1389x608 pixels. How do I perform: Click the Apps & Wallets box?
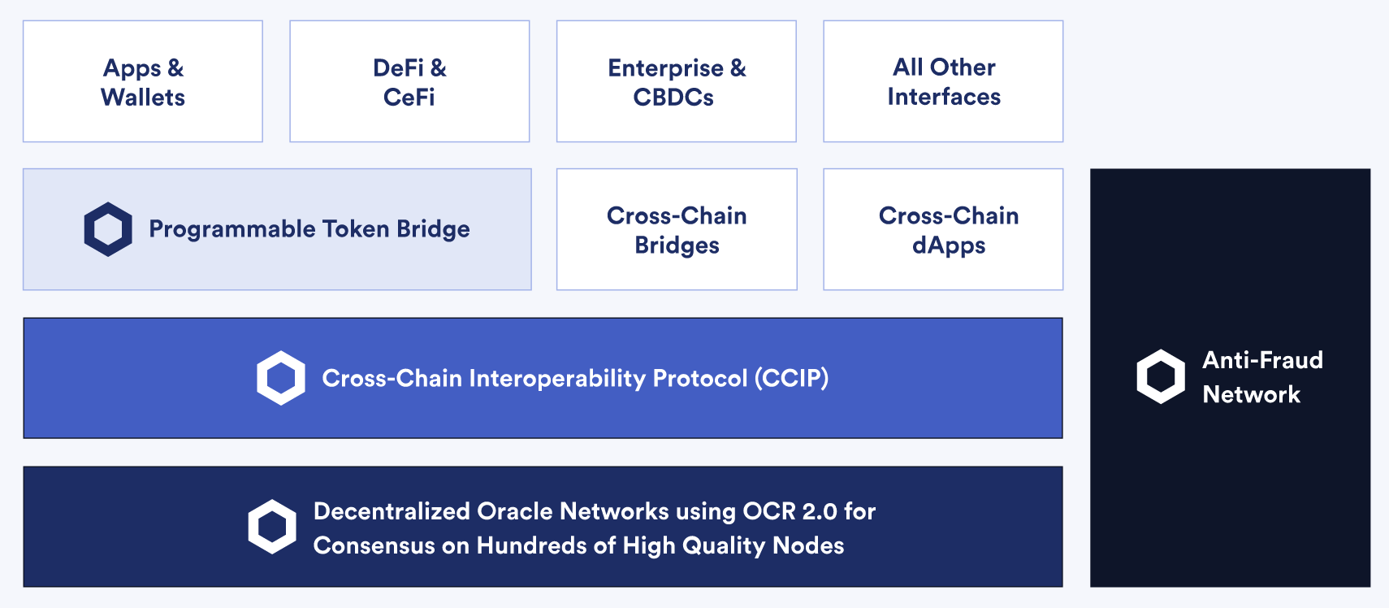pyautogui.click(x=143, y=81)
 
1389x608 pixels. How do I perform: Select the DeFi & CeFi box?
pyautogui.click(x=409, y=81)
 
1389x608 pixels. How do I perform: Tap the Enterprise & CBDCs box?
pyautogui.click(x=677, y=81)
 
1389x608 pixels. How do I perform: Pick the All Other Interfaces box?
pyautogui.click(x=943, y=81)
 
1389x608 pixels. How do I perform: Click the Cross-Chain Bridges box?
pyautogui.click(x=677, y=229)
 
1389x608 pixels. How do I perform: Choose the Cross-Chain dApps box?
pyautogui.click(x=943, y=229)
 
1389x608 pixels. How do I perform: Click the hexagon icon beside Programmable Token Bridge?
pyautogui.click(x=108, y=229)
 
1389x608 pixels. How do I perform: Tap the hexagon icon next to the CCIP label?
pyautogui.click(x=281, y=378)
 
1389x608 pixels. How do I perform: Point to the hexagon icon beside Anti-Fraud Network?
pyautogui.click(x=1161, y=376)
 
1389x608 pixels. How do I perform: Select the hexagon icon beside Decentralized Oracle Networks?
pyautogui.click(x=272, y=527)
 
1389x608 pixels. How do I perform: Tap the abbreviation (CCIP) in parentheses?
pyautogui.click(x=792, y=378)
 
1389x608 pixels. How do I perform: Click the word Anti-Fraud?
pyautogui.click(x=1262, y=360)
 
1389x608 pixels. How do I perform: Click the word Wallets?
pyautogui.click(x=143, y=98)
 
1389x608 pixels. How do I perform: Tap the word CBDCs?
pyautogui.click(x=673, y=98)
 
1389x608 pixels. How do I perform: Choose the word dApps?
pyautogui.click(x=949, y=245)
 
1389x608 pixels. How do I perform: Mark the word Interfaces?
pyautogui.click(x=944, y=97)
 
